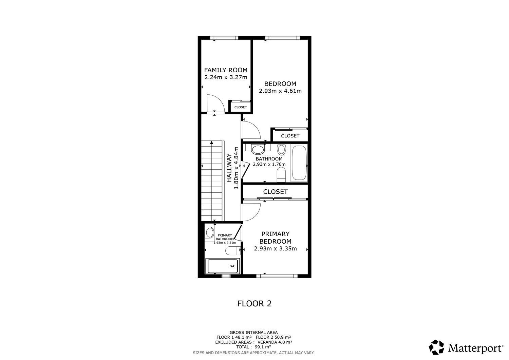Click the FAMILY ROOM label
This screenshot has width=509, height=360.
(226, 70)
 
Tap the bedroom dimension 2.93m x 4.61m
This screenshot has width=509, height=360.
(280, 91)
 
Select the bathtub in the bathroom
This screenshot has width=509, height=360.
(299, 163)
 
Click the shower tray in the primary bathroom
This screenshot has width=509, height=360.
(222, 266)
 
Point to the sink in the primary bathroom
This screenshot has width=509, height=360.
(209, 233)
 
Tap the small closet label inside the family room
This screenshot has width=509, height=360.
(240, 107)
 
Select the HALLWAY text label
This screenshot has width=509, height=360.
(229, 168)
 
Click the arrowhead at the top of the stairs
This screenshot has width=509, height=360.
(211, 143)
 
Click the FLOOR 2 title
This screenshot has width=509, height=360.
(254, 303)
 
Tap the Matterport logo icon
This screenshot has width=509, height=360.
(436, 347)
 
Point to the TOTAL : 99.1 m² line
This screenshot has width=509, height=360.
(253, 347)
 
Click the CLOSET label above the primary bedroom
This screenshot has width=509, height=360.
(276, 192)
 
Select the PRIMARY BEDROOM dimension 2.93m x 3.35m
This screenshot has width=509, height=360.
(276, 248)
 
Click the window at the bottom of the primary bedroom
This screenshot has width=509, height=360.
(277, 276)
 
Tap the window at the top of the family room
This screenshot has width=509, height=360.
(224, 38)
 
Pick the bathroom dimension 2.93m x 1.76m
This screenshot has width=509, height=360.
(269, 164)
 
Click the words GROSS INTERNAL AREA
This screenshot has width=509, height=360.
(253, 332)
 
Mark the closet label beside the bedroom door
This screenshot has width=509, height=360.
(290, 136)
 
